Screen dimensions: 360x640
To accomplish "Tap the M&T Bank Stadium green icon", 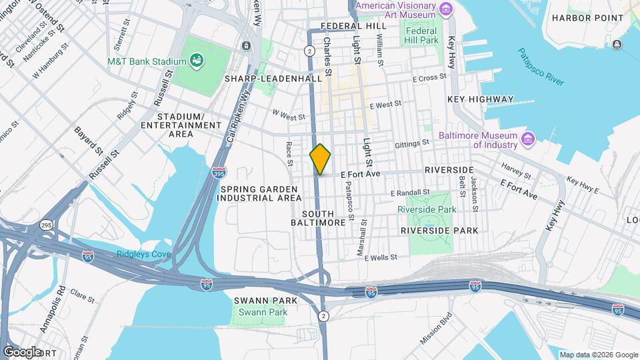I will (x=197, y=62).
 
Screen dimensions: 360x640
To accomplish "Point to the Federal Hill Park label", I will (x=421, y=35).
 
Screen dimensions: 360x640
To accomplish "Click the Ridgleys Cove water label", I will (x=143, y=254).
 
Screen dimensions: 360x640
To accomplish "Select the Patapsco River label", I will (x=541, y=68).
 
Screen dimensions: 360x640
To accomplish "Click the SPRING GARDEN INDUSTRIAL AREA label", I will (x=257, y=193).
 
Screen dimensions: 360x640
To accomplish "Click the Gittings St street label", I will (x=411, y=143).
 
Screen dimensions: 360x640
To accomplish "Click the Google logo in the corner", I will (x=22, y=351).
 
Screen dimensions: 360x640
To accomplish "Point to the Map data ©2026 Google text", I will (x=597, y=355).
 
